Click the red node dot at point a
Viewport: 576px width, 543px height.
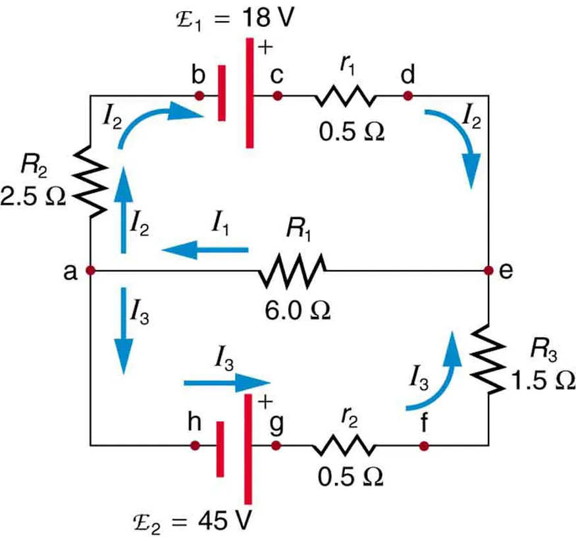91,270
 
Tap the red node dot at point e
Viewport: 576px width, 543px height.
488,270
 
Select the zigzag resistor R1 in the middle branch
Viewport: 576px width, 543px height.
293,270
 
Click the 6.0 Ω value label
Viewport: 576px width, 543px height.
294,309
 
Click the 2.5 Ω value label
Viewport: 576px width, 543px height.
33,196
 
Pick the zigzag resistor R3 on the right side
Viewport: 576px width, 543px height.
488,359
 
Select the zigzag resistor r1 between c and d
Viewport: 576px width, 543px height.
345,96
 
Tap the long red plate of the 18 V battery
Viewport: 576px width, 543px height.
249,92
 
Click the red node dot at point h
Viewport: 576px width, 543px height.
195,446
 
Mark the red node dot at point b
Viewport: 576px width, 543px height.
199,96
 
